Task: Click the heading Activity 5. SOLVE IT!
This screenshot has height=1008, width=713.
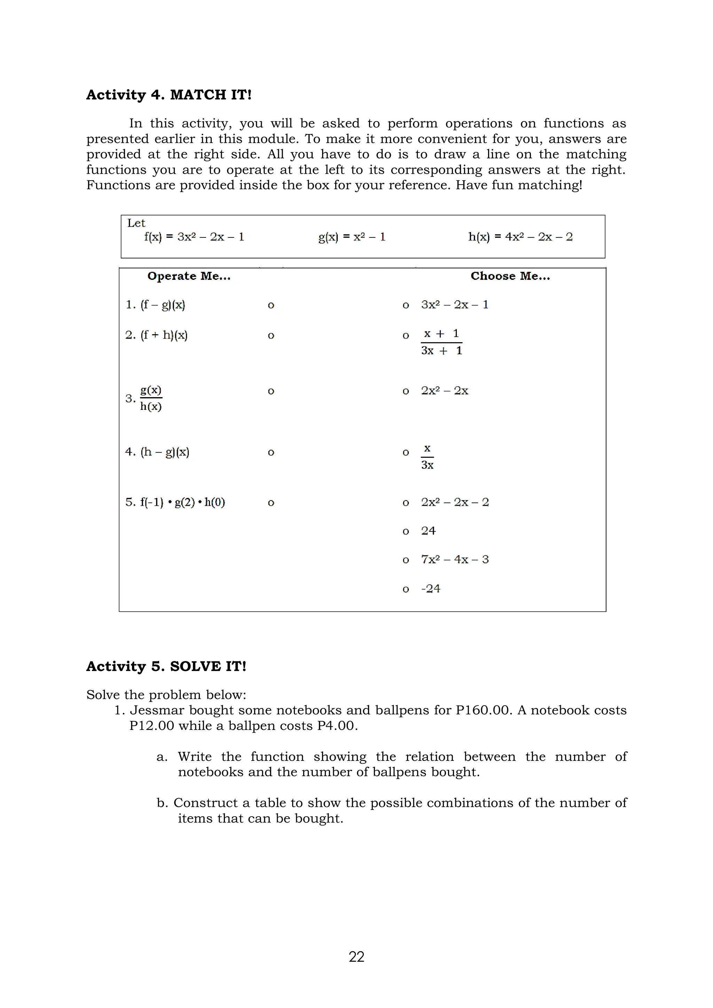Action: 166,667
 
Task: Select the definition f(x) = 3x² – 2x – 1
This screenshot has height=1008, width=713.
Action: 194,237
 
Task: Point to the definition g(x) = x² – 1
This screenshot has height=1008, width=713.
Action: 352,237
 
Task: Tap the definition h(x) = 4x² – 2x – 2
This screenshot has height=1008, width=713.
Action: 520,237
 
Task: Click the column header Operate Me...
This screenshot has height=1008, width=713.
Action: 189,276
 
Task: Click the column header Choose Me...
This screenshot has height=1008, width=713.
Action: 510,276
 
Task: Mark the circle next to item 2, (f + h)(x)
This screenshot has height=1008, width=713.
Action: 271,336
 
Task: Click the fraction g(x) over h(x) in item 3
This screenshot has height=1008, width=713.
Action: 151,398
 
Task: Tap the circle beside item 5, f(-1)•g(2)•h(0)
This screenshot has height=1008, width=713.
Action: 271,503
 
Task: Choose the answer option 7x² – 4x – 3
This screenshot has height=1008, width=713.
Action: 454,560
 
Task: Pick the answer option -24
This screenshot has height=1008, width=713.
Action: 430,589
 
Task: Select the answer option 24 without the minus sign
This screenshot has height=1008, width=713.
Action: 428,531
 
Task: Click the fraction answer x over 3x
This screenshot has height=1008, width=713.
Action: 427,457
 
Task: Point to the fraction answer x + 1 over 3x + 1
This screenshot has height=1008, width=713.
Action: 441,342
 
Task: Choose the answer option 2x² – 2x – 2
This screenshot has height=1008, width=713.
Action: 454,502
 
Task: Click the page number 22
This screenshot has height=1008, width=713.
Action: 356,956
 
